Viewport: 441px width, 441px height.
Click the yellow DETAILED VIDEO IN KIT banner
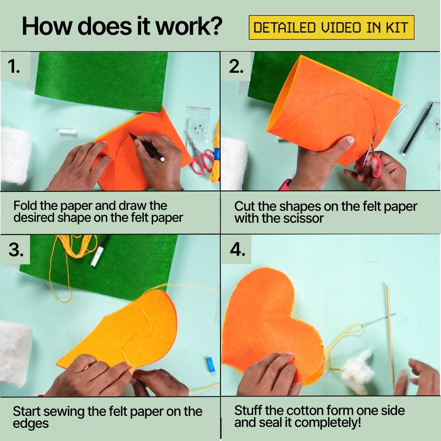pos(331,27)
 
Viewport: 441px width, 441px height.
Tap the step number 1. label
pos(14,67)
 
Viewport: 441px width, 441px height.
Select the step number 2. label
pos(236,67)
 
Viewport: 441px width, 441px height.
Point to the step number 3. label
pos(16,250)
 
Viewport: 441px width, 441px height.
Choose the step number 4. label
pos(237,250)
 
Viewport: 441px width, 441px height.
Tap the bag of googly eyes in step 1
pos(198,124)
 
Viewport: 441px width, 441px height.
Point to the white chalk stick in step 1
pos(67,131)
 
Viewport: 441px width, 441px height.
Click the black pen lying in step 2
pos(417,129)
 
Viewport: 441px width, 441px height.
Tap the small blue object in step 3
pos(210,365)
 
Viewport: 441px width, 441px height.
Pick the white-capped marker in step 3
pos(99,251)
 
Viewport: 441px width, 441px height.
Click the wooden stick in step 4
pos(390,336)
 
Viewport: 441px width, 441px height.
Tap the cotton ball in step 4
pos(358,371)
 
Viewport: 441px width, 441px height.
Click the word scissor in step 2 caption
pos(306,219)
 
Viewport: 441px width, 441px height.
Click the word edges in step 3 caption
pos(31,424)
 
